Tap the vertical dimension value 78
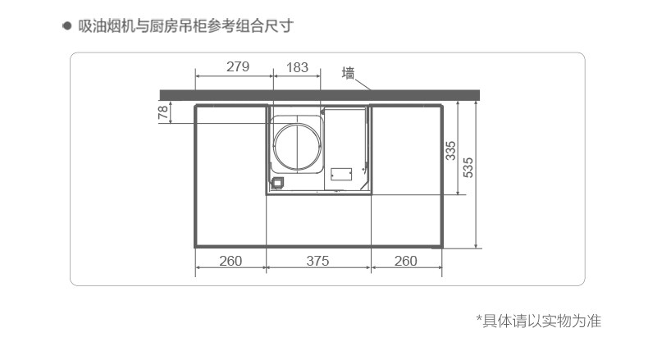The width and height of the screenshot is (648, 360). (x=162, y=112)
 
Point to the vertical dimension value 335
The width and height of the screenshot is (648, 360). (x=450, y=151)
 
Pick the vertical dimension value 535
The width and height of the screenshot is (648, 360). (x=468, y=167)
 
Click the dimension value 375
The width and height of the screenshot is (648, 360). (x=317, y=261)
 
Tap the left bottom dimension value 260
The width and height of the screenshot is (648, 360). (x=230, y=261)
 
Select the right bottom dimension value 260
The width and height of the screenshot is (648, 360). (x=406, y=261)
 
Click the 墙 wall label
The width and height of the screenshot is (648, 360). (x=349, y=73)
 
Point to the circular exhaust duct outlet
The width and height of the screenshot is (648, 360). (x=298, y=145)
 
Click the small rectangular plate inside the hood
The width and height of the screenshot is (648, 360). (x=341, y=174)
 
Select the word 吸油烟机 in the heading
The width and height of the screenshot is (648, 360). (x=105, y=25)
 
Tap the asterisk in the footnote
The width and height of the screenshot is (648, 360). (x=480, y=320)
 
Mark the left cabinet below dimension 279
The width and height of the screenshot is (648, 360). (x=230, y=176)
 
